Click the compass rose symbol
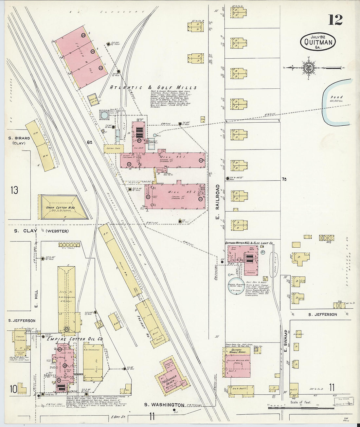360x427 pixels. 308,68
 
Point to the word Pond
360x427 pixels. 336,97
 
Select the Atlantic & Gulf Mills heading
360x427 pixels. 153,88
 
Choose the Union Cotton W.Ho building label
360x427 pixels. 63,208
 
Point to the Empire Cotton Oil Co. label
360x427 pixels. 75,339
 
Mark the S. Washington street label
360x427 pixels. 164,405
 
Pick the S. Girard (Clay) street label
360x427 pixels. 19,140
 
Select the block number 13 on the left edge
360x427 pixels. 14,190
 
